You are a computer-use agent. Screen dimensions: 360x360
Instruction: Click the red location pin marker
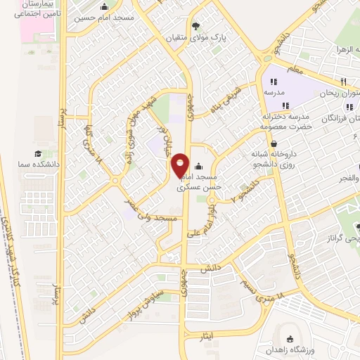pos(181,165)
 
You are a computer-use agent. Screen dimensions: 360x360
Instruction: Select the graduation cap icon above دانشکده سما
pos(37,153)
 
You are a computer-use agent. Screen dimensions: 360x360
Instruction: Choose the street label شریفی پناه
pos(225,101)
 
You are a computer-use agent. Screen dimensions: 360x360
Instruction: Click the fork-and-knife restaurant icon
pos(344,82)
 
